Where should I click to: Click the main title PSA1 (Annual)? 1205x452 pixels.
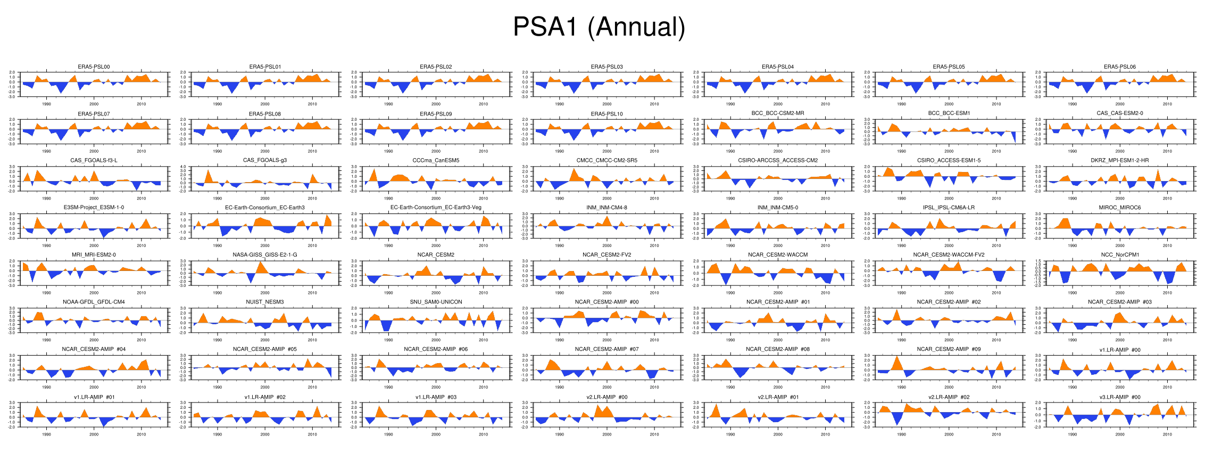(599, 27)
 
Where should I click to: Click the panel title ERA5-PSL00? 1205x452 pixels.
(94, 67)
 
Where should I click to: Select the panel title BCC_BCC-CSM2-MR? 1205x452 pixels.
(778, 113)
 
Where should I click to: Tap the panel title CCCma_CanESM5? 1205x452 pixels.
(436, 160)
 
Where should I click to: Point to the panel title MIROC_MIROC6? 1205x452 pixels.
(1120, 208)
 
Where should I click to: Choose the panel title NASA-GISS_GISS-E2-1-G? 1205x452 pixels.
(265, 255)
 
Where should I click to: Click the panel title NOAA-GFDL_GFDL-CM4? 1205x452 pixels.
(94, 302)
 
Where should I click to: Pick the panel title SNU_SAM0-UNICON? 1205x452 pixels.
(436, 302)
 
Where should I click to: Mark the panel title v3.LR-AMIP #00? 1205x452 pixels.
(1120, 397)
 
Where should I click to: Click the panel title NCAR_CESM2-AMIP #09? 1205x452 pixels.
(949, 349)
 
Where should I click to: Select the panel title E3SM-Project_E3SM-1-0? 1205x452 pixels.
(94, 208)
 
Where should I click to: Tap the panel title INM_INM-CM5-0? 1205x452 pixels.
(778, 208)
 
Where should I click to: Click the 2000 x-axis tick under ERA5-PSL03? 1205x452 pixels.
(607, 104)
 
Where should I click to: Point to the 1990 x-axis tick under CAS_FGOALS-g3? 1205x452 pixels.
(218, 199)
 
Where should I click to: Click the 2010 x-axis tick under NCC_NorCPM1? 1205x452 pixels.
(1167, 293)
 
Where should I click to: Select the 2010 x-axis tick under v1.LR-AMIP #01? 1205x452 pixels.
(142, 434)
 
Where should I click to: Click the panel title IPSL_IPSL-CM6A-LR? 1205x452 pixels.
(949, 208)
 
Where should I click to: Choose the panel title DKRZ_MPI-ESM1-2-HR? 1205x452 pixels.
(1120, 160)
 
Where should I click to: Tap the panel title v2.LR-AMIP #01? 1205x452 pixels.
(778, 397)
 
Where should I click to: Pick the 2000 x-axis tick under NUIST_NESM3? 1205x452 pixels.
(265, 340)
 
